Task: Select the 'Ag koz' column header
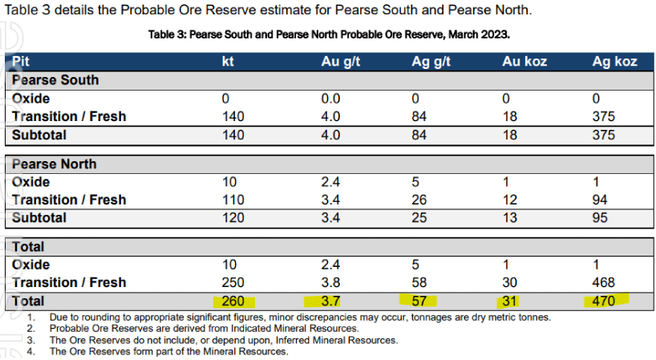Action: click(x=614, y=62)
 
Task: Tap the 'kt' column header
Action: click(x=228, y=62)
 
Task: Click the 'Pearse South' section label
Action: click(x=55, y=80)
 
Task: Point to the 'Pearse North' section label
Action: click(x=54, y=164)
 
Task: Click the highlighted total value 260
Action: click(x=233, y=301)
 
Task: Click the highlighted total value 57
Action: click(x=419, y=301)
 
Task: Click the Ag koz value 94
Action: click(x=600, y=200)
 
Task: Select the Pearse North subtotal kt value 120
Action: click(x=233, y=217)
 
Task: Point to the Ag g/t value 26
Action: click(x=419, y=200)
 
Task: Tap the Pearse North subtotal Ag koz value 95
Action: click(x=600, y=217)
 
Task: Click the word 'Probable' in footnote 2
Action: click(x=69, y=329)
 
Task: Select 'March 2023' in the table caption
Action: click(x=482, y=35)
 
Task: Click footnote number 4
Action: click(x=31, y=351)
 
